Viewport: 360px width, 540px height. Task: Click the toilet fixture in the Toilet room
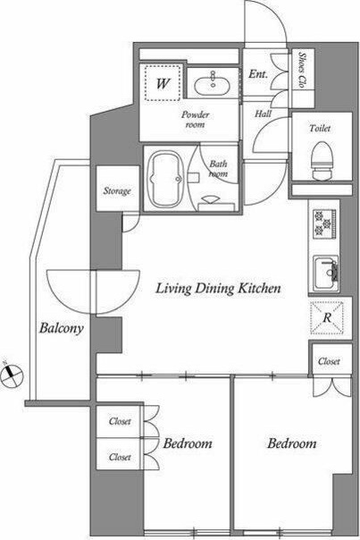[322, 161]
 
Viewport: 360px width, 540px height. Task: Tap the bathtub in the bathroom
[164, 179]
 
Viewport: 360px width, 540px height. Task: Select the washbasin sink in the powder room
[212, 83]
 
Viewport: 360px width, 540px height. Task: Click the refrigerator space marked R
[327, 317]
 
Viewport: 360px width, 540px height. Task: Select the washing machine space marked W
[163, 82]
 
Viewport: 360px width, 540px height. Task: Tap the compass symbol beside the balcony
[12, 375]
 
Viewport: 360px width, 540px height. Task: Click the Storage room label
[117, 190]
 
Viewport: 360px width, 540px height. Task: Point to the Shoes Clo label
[302, 70]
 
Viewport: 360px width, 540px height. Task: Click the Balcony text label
[62, 328]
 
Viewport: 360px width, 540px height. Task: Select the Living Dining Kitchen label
[218, 288]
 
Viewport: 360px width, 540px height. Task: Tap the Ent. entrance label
[258, 73]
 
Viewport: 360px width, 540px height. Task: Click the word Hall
[264, 114]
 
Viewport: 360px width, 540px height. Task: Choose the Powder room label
[195, 119]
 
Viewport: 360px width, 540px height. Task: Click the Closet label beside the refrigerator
[329, 361]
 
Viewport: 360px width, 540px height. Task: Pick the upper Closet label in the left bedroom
[120, 421]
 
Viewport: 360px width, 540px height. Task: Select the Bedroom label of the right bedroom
[292, 443]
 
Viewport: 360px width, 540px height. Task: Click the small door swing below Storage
[130, 223]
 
